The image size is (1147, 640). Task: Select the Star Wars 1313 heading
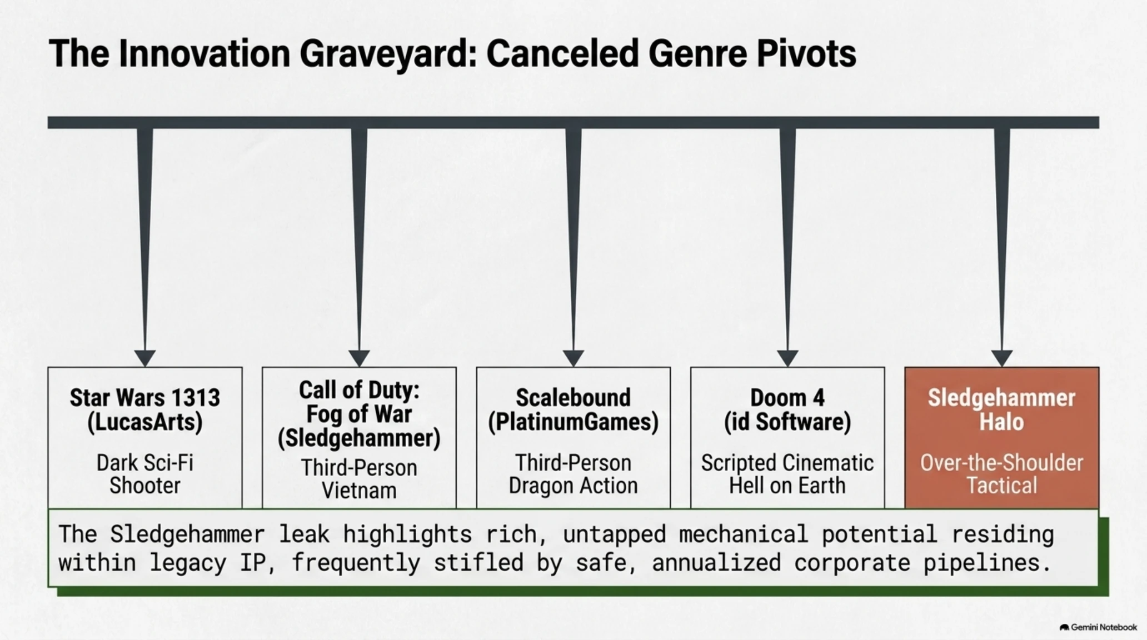point(145,410)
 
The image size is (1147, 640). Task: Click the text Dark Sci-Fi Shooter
point(145,474)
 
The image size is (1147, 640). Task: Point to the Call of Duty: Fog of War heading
point(359,414)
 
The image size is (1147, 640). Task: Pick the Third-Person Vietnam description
point(359,479)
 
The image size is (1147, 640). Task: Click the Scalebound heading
point(573,410)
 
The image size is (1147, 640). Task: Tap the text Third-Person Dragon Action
point(573,474)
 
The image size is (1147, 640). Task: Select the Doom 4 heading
point(787,410)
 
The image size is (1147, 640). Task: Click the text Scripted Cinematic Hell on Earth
point(787,474)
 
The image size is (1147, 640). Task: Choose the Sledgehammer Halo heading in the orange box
point(1001,410)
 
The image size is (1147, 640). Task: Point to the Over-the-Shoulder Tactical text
point(1001,474)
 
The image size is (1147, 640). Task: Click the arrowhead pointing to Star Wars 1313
point(145,358)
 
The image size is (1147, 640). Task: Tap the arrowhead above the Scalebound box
point(573,358)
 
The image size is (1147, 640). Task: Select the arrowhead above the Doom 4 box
point(787,358)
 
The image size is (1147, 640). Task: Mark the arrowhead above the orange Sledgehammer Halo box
point(1001,358)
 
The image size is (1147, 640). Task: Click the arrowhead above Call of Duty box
point(359,358)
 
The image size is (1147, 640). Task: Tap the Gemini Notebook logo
point(1098,627)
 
